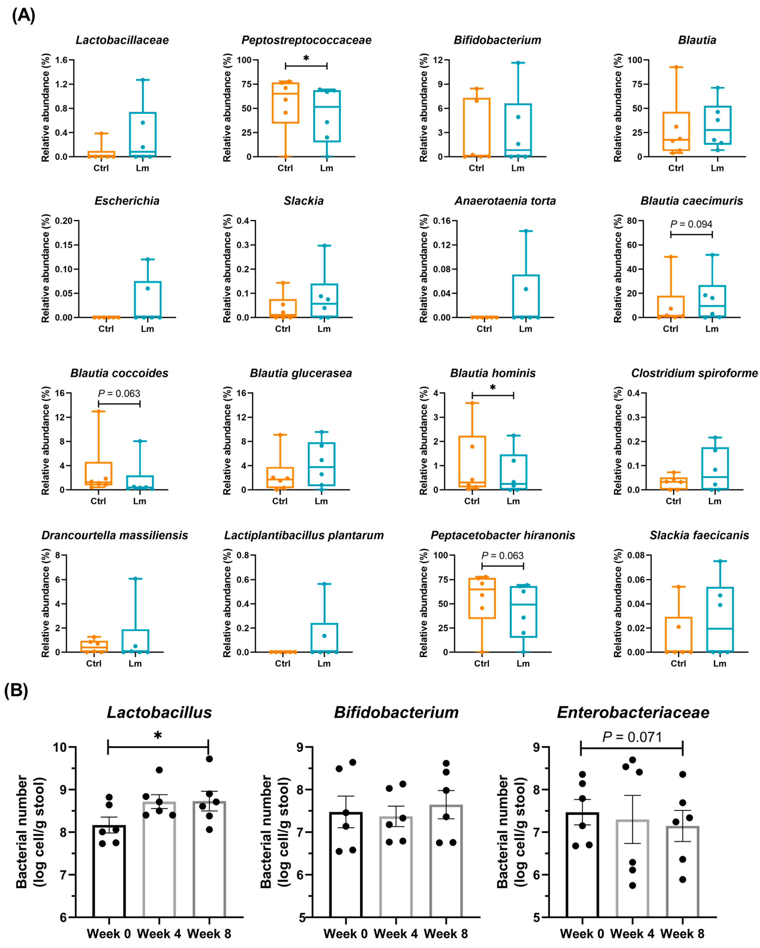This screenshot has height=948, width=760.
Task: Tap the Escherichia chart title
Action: (127, 201)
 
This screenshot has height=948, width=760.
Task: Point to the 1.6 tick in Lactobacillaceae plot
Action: (62, 60)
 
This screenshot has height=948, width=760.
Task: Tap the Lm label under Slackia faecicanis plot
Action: (720, 664)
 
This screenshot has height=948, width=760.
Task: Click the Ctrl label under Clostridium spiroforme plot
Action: (673, 501)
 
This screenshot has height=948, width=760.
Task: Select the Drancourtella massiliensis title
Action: (115, 535)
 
